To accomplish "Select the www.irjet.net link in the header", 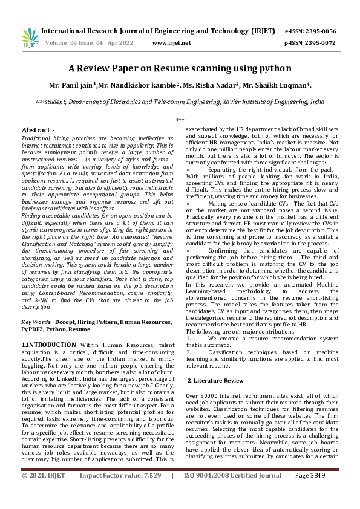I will tap(172, 43).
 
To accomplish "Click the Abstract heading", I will tap(38, 130).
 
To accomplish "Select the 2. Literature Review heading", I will tap(215, 380).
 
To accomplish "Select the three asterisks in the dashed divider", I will tap(180, 121).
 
